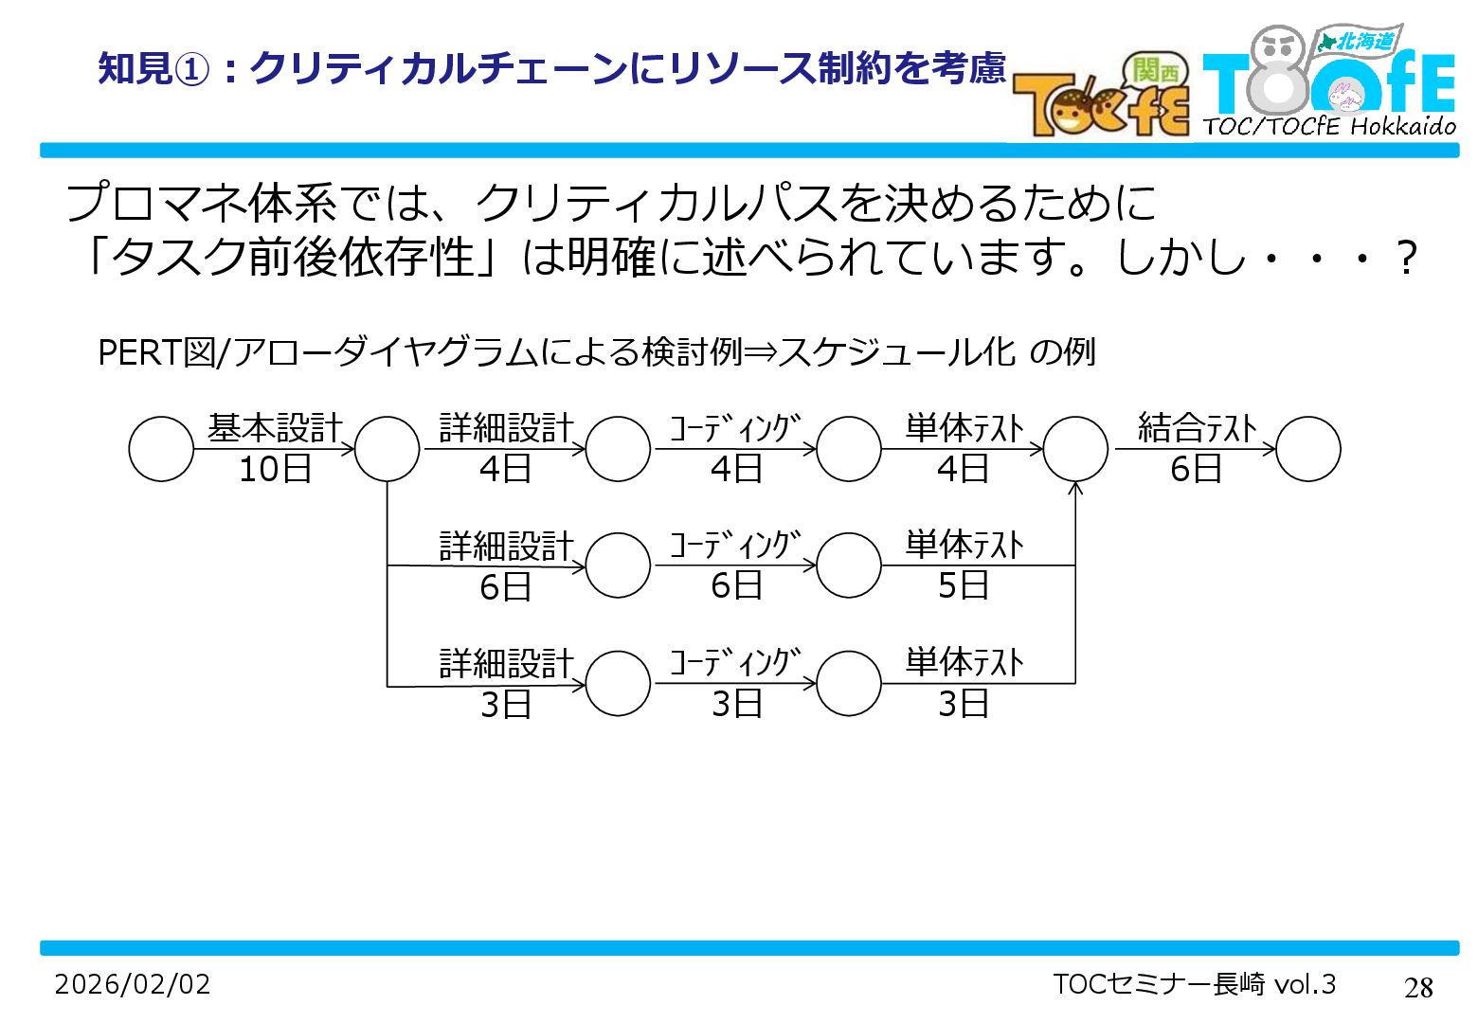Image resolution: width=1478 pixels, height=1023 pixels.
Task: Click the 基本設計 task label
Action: [275, 428]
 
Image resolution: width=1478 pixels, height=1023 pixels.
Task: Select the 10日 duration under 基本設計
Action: [275, 469]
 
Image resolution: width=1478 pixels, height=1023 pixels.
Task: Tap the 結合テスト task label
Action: [1197, 428]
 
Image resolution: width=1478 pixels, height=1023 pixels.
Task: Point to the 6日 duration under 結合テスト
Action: [1196, 469]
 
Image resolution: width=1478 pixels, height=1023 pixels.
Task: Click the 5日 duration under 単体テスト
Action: [964, 585]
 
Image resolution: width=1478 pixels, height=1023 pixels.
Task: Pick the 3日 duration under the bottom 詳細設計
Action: [505, 704]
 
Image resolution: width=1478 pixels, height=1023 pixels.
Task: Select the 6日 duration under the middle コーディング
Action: [736, 585]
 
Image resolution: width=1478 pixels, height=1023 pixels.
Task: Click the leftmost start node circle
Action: [161, 449]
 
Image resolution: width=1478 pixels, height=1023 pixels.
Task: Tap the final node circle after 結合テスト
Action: [1308, 449]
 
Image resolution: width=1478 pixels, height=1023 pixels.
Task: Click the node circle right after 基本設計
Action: [388, 449]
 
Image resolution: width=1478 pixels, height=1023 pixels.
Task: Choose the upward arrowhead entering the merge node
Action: [1075, 489]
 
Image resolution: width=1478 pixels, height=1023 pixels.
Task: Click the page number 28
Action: [1418, 988]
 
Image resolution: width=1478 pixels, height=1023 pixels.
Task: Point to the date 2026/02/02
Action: [133, 984]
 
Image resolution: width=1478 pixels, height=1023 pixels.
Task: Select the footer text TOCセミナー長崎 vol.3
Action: [1194, 984]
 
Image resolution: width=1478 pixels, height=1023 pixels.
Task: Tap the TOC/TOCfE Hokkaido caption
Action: [1329, 126]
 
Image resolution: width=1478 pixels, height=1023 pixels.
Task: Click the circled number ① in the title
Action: [193, 68]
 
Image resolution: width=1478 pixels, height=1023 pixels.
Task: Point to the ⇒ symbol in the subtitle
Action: [760, 352]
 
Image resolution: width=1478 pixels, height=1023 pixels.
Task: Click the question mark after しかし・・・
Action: [1407, 258]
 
